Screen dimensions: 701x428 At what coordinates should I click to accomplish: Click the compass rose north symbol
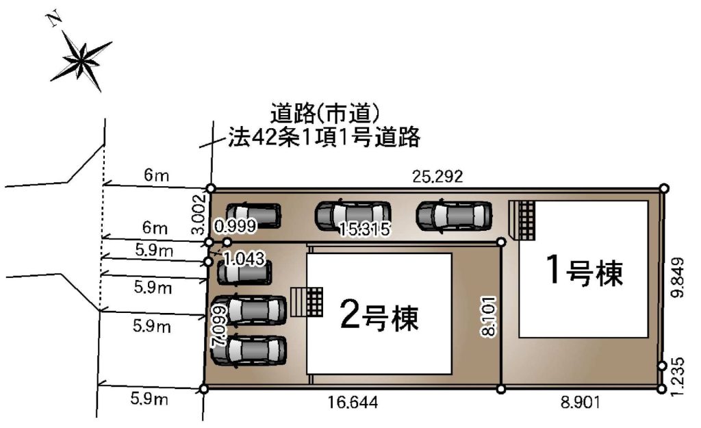(x=81, y=59)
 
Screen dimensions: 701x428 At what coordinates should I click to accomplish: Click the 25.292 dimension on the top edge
(x=437, y=177)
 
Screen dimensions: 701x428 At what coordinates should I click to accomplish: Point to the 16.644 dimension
(x=353, y=403)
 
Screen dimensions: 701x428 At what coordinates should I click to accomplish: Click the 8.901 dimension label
(x=580, y=403)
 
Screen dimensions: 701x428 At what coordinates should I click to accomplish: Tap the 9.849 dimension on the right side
(x=678, y=277)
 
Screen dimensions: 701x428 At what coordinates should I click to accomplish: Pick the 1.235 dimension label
(x=678, y=376)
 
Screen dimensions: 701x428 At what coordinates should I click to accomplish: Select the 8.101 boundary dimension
(x=489, y=316)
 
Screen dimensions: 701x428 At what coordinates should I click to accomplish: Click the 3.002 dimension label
(x=198, y=214)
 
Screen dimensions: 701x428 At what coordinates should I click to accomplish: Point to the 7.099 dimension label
(x=219, y=326)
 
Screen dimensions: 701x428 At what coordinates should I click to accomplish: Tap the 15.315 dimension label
(x=364, y=229)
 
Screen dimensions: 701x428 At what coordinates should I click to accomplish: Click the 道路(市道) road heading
(x=325, y=113)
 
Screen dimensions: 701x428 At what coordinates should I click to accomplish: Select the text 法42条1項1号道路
(x=324, y=137)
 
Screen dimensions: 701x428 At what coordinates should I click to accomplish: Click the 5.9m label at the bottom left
(x=149, y=399)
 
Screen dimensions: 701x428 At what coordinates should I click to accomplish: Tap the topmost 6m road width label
(x=157, y=175)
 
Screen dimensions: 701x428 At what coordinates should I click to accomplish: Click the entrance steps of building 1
(x=522, y=220)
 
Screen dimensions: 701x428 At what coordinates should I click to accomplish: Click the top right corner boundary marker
(x=664, y=188)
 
